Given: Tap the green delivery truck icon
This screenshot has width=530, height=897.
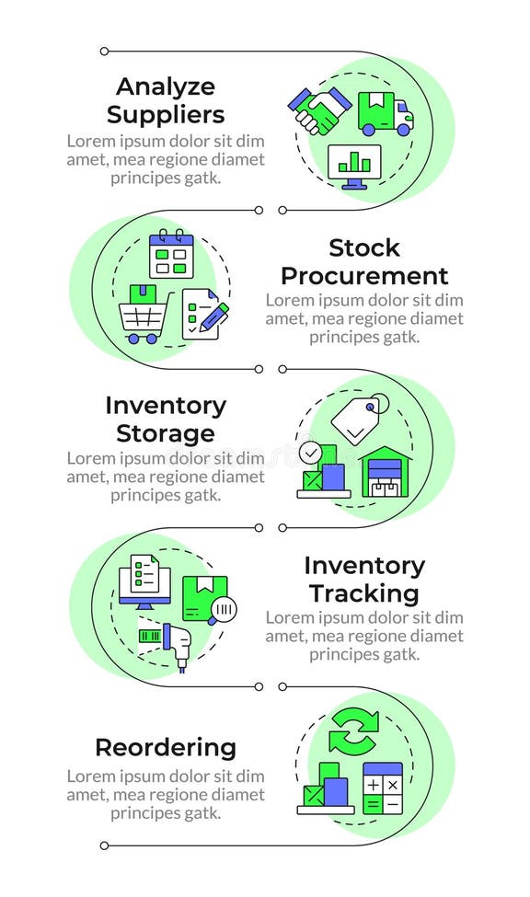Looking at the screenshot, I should pos(384,113).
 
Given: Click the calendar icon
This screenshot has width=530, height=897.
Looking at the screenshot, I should pos(171,253).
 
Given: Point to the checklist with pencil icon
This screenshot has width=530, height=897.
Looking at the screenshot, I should pos(204,315).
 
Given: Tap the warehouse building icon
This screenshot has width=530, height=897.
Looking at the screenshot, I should pos(386,473).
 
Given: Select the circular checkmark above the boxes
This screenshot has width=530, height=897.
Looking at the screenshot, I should pos(310,453).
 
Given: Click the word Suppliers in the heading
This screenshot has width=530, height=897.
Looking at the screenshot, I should pos(166,115).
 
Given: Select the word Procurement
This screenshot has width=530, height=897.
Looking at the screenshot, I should pos(364,276).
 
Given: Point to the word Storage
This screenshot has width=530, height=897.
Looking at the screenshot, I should pos(166,433).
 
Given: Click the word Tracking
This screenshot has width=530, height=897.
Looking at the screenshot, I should pos(364,593).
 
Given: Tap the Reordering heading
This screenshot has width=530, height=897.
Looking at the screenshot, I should pos(166,747).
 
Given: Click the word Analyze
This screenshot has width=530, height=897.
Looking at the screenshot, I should pos(166,86).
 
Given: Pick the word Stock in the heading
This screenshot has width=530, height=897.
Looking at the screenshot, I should pos(364,247).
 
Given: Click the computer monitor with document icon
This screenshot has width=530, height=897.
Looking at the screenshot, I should pos(144,581).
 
